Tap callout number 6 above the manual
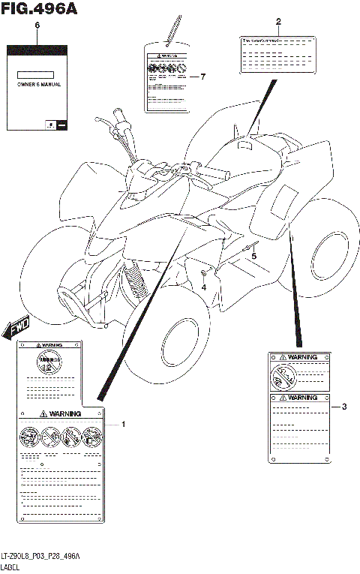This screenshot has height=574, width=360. point(37,26)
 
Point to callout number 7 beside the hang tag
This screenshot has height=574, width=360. point(202,77)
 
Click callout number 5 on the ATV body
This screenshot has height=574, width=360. point(253,256)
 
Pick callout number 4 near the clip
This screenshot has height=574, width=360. point(203,286)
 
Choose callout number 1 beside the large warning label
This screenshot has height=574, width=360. point(124,425)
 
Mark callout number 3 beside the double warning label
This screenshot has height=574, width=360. point(343,407)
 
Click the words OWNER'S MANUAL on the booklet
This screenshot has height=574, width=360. point(39,84)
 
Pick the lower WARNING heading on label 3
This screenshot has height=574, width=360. point(301,397)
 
